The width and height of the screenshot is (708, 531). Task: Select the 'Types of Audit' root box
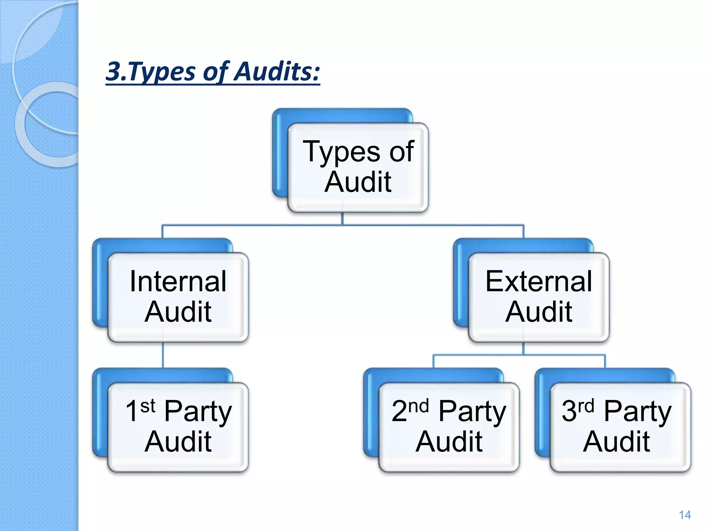coord(358,167)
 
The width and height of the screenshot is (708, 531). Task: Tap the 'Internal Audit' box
coord(178,297)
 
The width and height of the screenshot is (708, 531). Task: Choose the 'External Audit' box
coord(539,297)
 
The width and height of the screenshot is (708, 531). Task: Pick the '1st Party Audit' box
coord(178,427)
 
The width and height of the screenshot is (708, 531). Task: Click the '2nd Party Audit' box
coord(449,427)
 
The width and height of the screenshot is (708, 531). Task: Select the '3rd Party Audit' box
coord(620,427)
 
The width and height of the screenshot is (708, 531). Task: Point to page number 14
coord(684,515)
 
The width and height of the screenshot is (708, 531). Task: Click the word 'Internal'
coord(178,281)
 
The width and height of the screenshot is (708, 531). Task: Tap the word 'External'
coord(539,281)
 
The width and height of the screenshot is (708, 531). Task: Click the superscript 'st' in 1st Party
coord(148,406)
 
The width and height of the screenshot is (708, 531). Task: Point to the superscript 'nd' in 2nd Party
coord(418,406)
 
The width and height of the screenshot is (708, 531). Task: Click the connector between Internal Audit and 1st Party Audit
coord(163,355)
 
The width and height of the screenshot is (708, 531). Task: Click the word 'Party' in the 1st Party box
coord(198,412)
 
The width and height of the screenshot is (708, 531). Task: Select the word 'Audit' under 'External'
coord(539,312)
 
